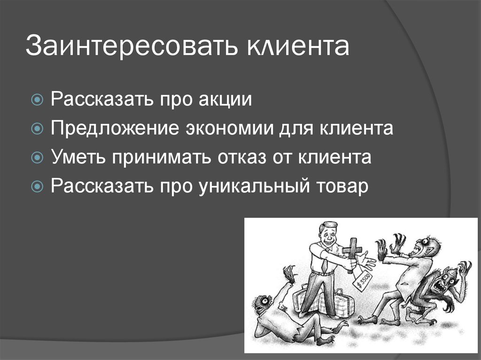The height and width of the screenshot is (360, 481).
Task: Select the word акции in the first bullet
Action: pos(225,100)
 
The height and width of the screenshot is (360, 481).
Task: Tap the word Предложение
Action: pos(115,129)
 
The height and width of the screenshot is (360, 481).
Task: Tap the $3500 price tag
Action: pos(361,282)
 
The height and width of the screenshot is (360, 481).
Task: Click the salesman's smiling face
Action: pos(327,233)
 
